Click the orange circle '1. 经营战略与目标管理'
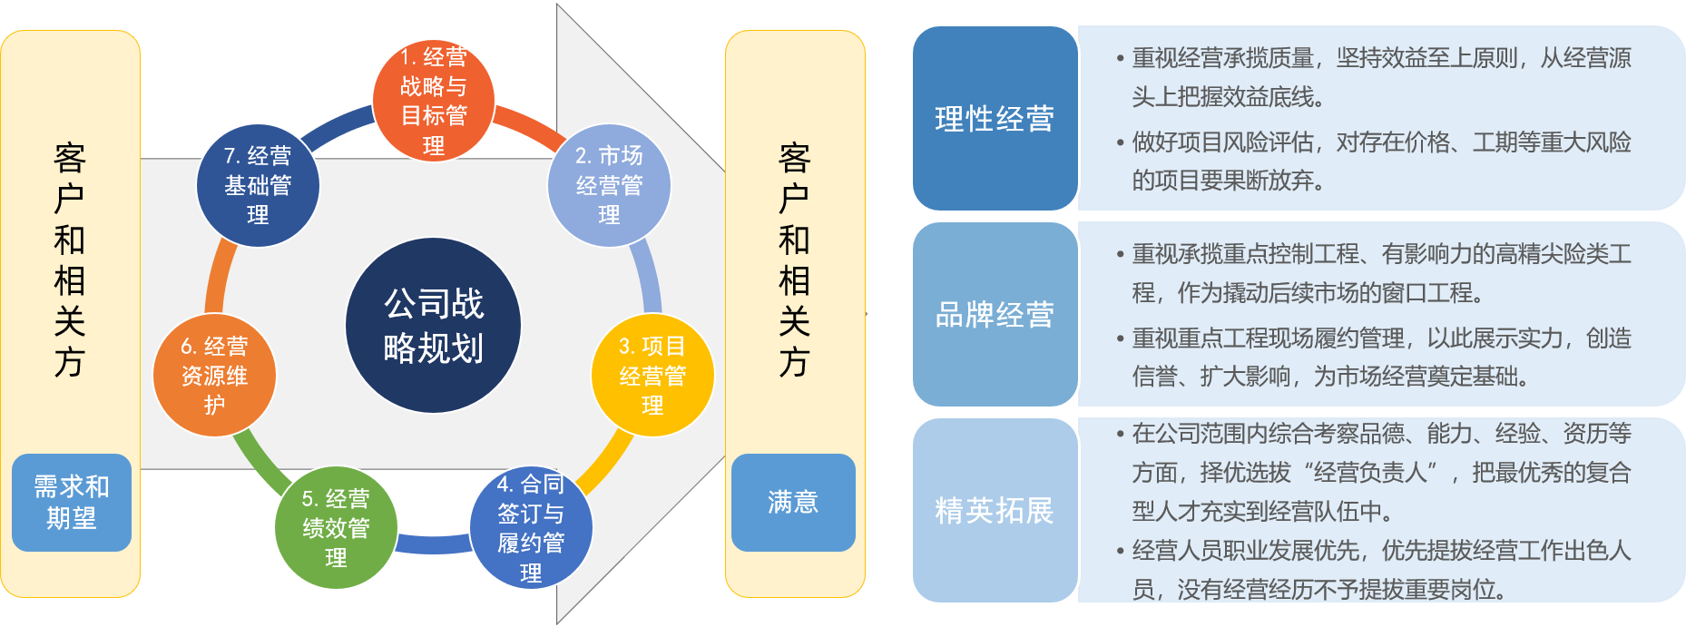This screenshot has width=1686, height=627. coord(434,100)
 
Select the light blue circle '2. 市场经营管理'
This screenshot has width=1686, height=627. coord(609,186)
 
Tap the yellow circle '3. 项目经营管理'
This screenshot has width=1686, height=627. coord(652,375)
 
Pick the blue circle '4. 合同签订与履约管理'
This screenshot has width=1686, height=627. coord(531,528)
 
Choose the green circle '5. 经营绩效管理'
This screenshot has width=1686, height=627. coord(336,528)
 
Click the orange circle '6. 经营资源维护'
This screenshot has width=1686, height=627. coord(214,375)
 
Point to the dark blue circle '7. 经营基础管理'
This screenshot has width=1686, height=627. coord(258,186)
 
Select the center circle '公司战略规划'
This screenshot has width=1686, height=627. coord(434,326)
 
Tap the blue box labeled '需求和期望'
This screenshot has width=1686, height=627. coord(72,503)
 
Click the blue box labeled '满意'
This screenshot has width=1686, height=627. coord(793,503)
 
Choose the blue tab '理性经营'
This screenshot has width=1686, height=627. coord(995,119)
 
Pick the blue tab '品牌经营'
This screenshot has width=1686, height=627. coord(995,315)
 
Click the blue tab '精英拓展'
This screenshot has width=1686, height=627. coord(995,511)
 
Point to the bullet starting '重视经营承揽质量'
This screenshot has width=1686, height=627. coord(1379,77)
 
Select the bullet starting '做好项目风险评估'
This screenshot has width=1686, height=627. coord(1379,162)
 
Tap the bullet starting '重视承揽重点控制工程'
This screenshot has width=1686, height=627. coord(1379,273)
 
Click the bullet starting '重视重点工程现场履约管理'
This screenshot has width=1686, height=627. coord(1379,358)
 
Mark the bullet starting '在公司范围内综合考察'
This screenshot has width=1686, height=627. coord(1379,472)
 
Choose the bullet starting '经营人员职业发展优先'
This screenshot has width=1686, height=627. coord(1379,570)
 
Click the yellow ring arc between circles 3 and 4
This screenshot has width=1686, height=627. coord(604,463)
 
